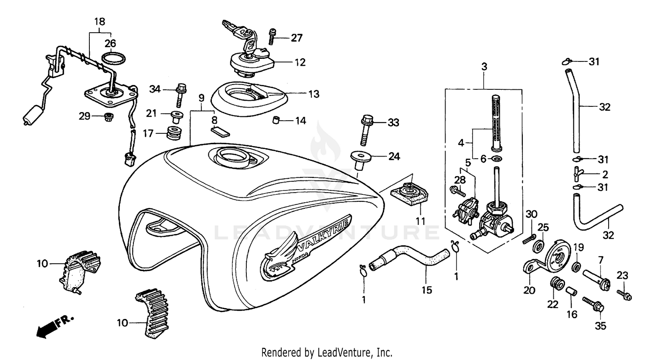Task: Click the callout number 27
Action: click(296, 38)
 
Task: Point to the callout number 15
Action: click(427, 289)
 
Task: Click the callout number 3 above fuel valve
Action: click(484, 67)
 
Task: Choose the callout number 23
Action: click(622, 275)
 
